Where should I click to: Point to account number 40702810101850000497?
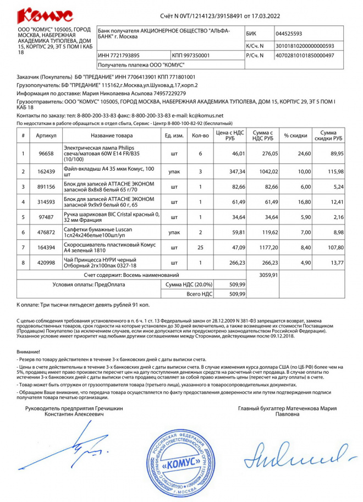(x=305, y=56)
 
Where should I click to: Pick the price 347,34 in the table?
(x=229, y=172)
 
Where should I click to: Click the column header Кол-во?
(x=200, y=135)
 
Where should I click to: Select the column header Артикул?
(x=46, y=135)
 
